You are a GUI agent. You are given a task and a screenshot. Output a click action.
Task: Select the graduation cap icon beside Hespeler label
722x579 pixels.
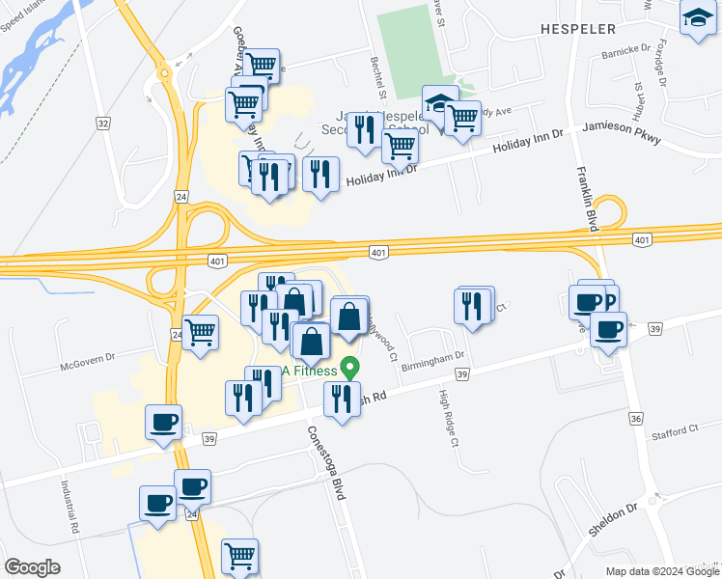[x=698, y=18]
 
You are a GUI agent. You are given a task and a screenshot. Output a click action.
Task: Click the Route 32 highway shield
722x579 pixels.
[x=103, y=123]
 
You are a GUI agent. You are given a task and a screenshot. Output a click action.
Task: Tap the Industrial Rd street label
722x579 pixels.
[x=69, y=509]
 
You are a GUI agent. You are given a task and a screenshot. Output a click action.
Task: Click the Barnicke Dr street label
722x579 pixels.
[x=626, y=49]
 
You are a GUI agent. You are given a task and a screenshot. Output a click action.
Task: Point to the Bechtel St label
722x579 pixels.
[x=378, y=78]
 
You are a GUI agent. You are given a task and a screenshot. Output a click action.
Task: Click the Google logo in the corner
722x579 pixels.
[x=32, y=567]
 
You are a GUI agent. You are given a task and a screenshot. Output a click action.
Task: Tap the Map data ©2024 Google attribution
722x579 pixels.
[x=661, y=571]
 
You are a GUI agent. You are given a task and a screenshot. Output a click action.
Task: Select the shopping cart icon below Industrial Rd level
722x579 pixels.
[x=239, y=555]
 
